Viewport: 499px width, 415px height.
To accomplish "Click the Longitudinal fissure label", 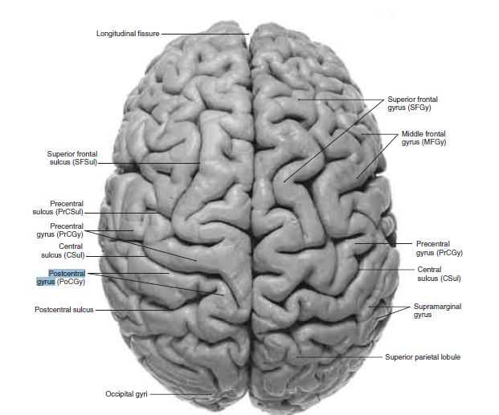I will (x=128, y=34).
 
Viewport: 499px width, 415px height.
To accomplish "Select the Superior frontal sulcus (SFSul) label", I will (x=72, y=158).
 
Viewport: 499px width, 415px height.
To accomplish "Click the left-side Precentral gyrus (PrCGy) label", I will (x=67, y=231).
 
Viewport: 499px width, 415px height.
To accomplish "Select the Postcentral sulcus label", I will (x=65, y=308).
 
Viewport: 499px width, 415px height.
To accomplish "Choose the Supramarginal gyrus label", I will (x=437, y=311).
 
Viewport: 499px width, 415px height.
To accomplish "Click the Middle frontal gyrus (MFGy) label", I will (x=423, y=137).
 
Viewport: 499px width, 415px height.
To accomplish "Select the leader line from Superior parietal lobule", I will (x=337, y=356).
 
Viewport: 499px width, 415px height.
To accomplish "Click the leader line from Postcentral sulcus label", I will (x=137, y=308).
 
